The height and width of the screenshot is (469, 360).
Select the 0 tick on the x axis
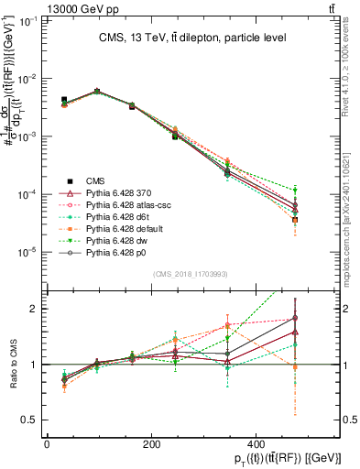[x=47, y=443]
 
